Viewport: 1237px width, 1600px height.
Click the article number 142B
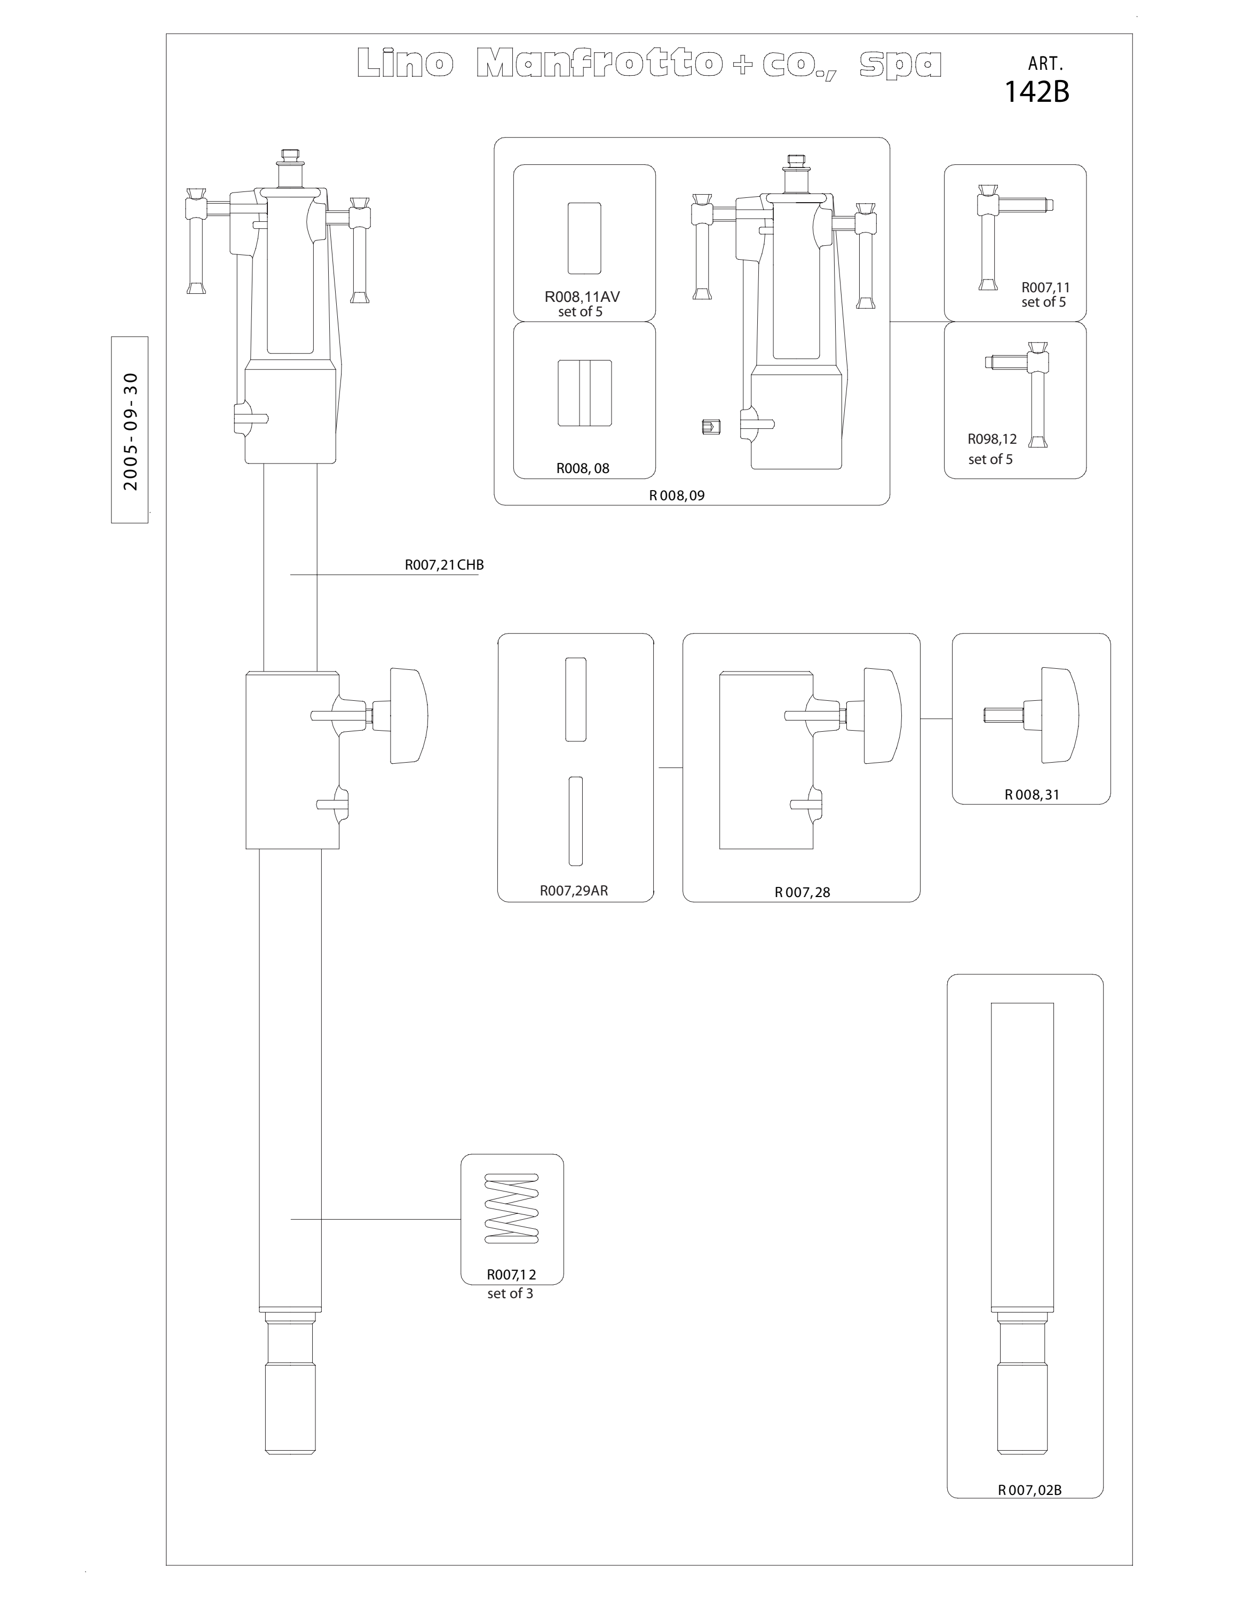pos(1036,92)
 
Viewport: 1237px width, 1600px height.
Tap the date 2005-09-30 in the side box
pos(130,431)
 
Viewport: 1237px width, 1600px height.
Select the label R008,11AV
pos(582,297)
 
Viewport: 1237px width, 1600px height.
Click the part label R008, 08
pos(583,468)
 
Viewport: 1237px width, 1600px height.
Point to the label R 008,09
pos(676,495)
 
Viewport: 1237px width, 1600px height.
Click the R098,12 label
pos(992,439)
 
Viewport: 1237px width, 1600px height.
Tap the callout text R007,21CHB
pos(444,565)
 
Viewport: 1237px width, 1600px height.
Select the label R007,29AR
pos(574,891)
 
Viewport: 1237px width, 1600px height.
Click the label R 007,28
pos(803,892)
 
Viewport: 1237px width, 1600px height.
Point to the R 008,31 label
pos(1032,795)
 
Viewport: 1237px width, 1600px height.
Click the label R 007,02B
pos(1029,1490)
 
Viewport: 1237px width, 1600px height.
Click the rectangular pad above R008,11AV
pos(584,238)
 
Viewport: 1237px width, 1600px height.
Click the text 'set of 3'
pos(510,1294)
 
